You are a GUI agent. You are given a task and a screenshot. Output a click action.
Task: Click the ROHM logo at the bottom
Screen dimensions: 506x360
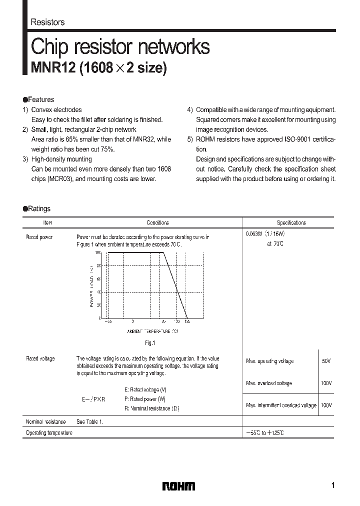(x=178, y=486)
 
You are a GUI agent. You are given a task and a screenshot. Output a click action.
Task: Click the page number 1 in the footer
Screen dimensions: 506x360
(x=333, y=485)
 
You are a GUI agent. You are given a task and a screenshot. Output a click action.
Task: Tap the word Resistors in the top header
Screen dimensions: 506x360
(x=47, y=22)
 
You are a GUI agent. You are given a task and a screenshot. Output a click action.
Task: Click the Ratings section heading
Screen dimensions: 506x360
(x=39, y=208)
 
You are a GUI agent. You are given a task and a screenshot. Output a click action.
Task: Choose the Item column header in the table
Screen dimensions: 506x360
(x=48, y=223)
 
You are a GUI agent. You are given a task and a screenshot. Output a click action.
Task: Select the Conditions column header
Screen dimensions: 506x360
(x=157, y=223)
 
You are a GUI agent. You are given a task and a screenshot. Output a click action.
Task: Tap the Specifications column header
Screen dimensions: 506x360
(x=291, y=223)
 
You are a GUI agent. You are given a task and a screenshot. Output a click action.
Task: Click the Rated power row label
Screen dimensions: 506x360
(x=39, y=237)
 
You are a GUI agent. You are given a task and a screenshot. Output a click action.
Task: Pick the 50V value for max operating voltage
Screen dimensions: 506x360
(x=326, y=360)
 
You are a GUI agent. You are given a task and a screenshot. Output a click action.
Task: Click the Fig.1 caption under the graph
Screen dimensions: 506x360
(x=150, y=343)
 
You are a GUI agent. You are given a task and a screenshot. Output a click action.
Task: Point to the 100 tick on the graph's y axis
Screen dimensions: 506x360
(x=97, y=253)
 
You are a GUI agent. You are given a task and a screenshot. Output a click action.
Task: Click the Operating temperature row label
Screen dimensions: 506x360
(x=49, y=432)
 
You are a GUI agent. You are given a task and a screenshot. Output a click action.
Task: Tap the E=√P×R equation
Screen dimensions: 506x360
(x=94, y=400)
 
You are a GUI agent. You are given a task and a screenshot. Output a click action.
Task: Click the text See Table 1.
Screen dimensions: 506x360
(x=90, y=421)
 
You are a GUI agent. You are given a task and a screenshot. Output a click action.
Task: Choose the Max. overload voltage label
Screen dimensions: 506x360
(x=269, y=383)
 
